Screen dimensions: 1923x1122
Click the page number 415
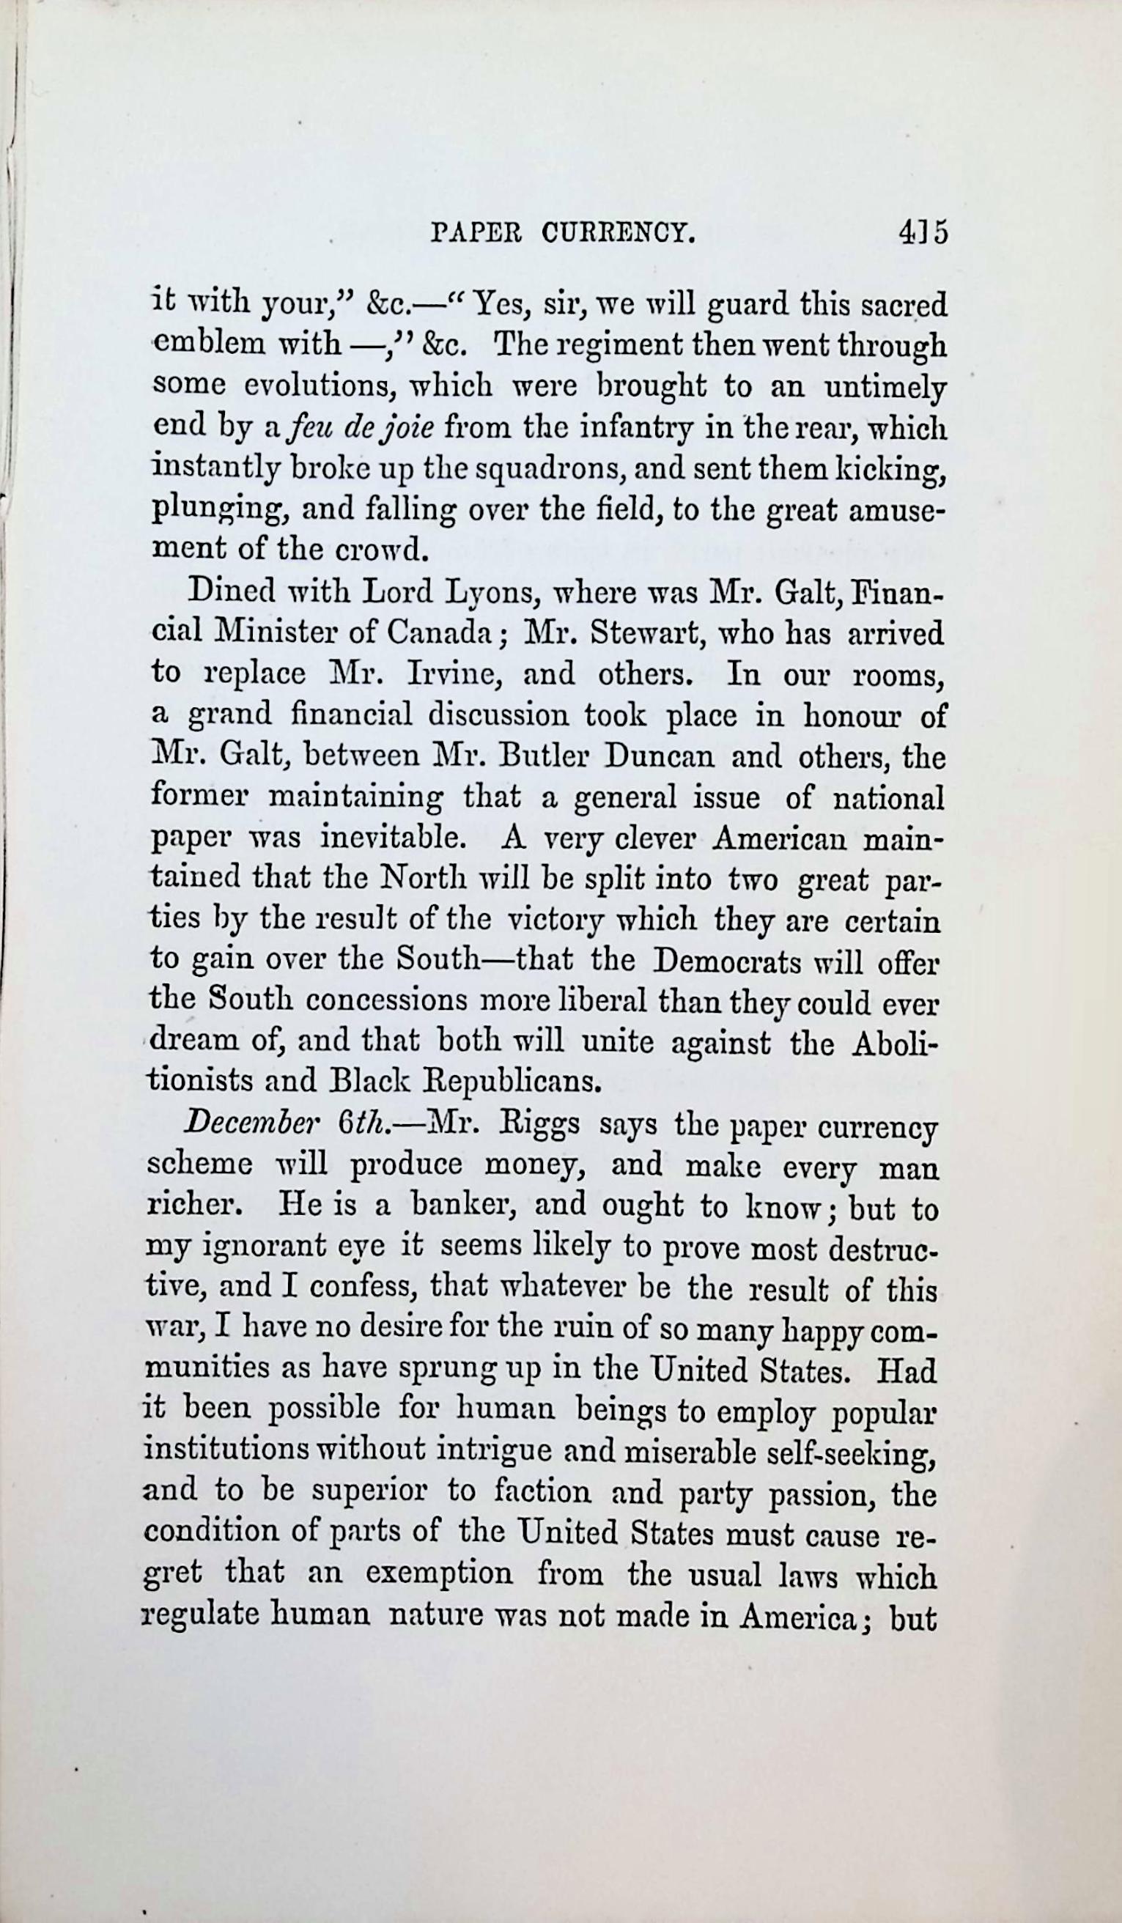pos(923,233)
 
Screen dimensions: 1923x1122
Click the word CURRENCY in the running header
pos(619,233)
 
